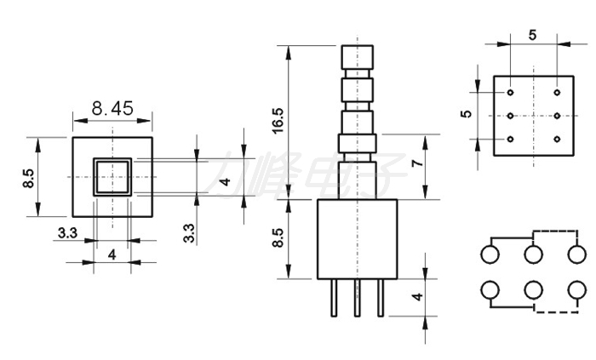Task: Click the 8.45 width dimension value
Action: tap(112, 109)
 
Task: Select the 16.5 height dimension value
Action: tap(278, 121)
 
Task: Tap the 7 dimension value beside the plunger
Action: tap(418, 163)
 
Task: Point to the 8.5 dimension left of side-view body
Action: tap(278, 237)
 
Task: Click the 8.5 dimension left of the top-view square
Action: tap(28, 178)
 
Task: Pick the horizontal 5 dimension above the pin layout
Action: tap(532, 35)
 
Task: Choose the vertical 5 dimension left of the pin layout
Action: tap(467, 114)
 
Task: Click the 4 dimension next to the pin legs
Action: tap(418, 296)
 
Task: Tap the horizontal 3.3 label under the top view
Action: tap(67, 233)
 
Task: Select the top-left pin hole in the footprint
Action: tap(510, 92)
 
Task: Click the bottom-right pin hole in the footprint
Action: tap(557, 140)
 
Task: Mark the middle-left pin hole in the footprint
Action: tap(510, 116)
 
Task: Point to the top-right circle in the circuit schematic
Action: tap(577, 254)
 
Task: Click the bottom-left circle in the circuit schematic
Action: tap(490, 290)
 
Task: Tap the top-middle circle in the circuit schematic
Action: tap(533, 254)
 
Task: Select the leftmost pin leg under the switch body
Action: tap(334, 298)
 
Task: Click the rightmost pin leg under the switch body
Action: tap(381, 298)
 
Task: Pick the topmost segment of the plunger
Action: tap(358, 57)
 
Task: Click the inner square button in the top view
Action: tap(112, 177)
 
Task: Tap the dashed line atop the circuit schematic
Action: tap(555, 231)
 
